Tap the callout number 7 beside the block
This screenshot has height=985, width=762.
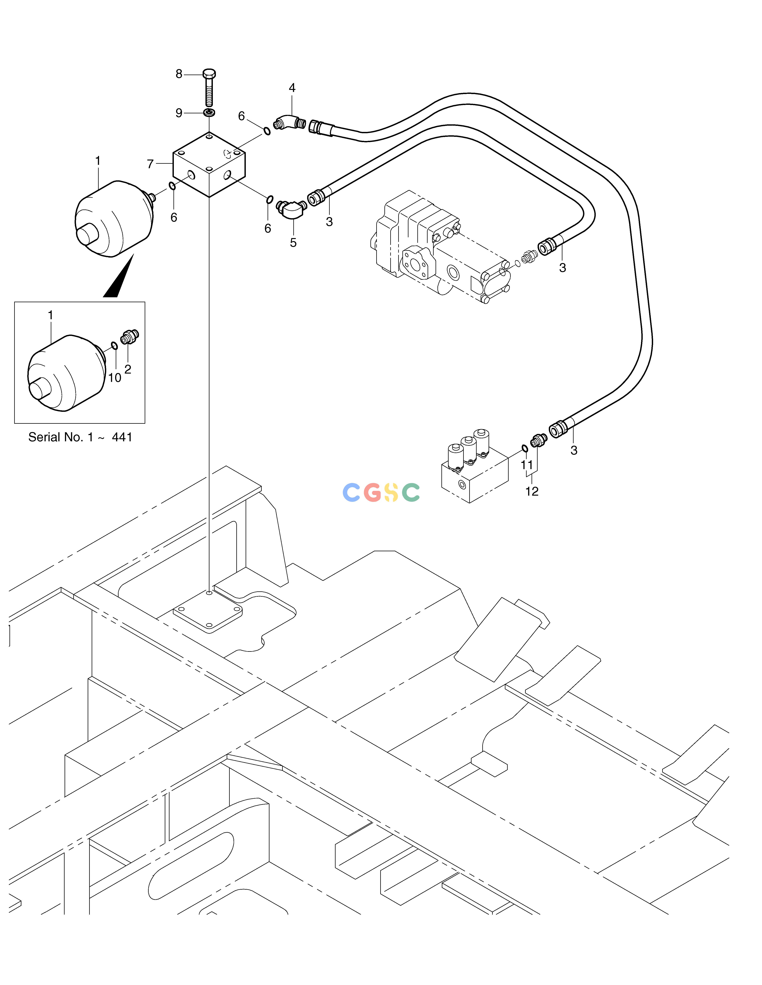point(150,164)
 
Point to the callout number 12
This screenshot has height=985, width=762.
point(532,491)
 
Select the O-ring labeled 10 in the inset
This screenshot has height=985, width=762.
point(114,346)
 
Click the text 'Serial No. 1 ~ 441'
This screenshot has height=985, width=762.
point(80,437)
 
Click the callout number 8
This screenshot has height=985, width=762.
point(179,74)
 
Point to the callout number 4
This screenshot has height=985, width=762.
point(292,88)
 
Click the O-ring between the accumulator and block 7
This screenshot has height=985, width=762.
point(172,186)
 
